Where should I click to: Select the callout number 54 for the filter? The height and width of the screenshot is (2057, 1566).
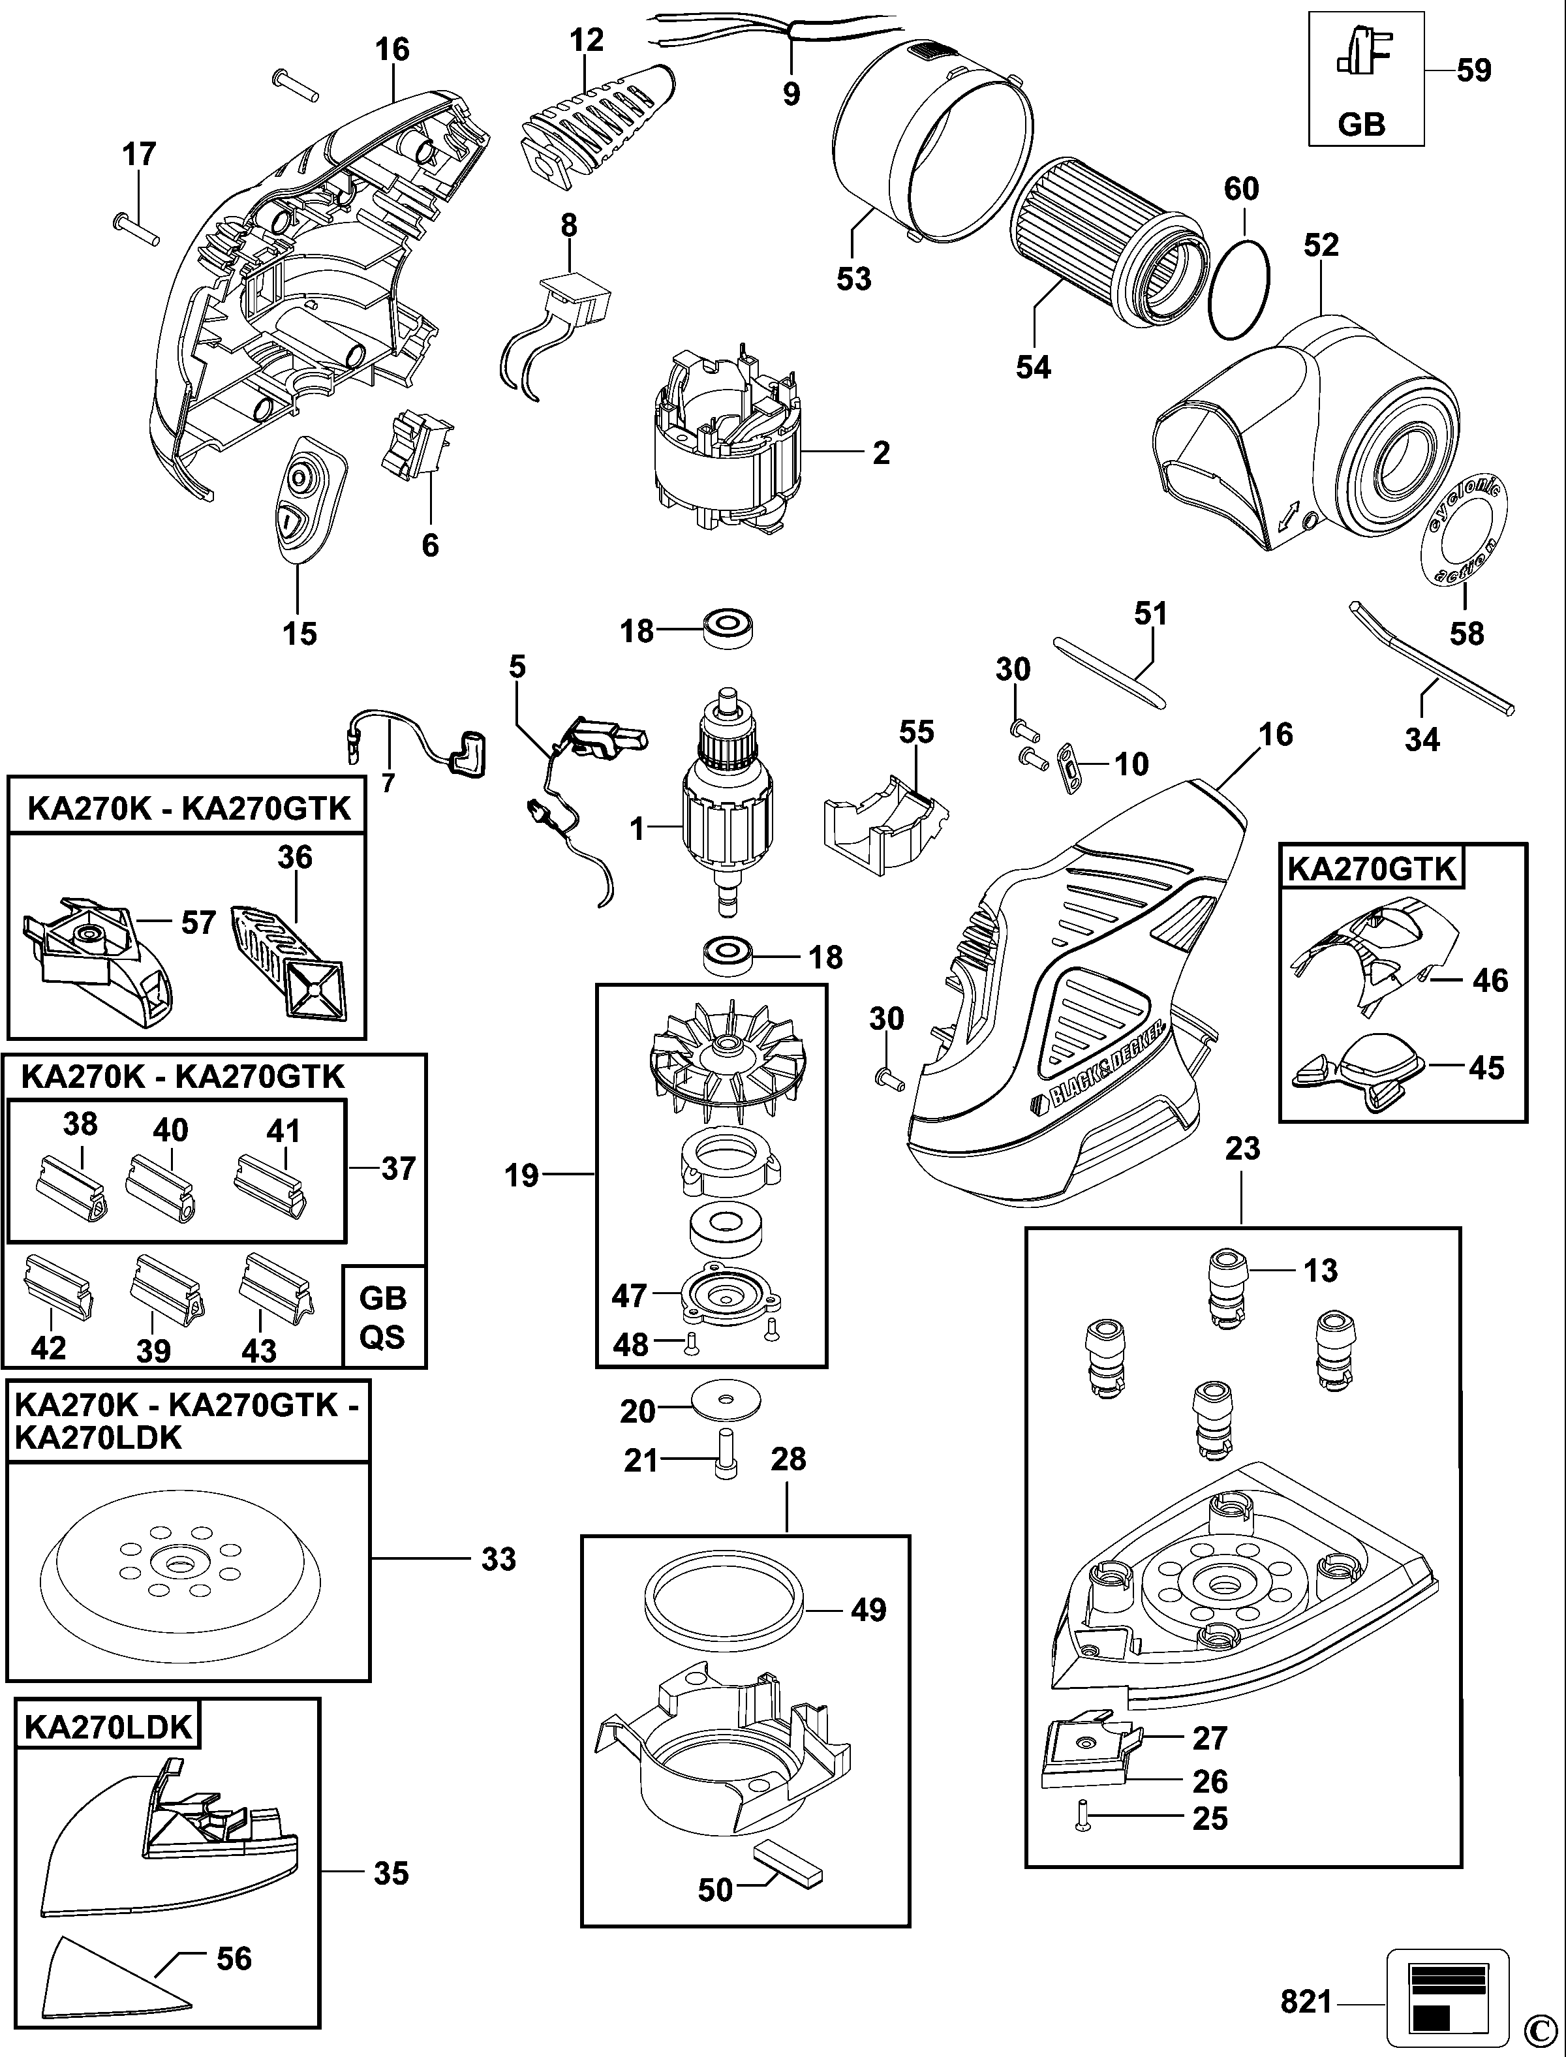point(1033,367)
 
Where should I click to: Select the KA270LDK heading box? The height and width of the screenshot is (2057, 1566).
point(107,1727)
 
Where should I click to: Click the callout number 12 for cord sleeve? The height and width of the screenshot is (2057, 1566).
point(587,40)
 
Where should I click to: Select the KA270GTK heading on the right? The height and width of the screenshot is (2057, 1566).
point(1371,868)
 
